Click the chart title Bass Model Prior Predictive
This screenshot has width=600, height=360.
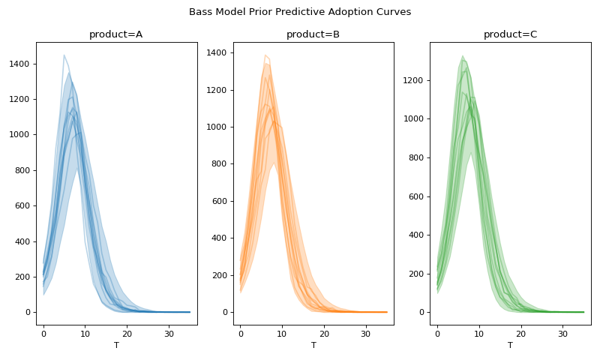click(x=300, y=12)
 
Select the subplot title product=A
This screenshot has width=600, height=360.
click(x=116, y=34)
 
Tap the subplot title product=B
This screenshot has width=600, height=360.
click(x=313, y=34)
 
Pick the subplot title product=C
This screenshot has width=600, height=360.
click(x=510, y=34)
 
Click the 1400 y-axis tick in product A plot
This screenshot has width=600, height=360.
click(x=19, y=64)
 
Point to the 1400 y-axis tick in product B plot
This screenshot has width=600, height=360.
click(x=217, y=52)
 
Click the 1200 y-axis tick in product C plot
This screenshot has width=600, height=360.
click(x=413, y=80)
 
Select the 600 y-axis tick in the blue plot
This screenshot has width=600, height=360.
click(x=22, y=206)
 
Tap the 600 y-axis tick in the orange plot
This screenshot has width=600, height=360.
click(x=220, y=201)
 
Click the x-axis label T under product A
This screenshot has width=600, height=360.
click(x=116, y=345)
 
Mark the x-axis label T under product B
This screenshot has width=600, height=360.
click(x=313, y=345)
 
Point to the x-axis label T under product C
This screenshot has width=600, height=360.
click(x=510, y=345)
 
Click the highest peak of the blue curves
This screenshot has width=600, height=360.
click(x=64, y=55)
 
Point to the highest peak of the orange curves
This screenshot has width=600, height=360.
click(x=265, y=55)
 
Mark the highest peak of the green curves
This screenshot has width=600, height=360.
click(x=463, y=55)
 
